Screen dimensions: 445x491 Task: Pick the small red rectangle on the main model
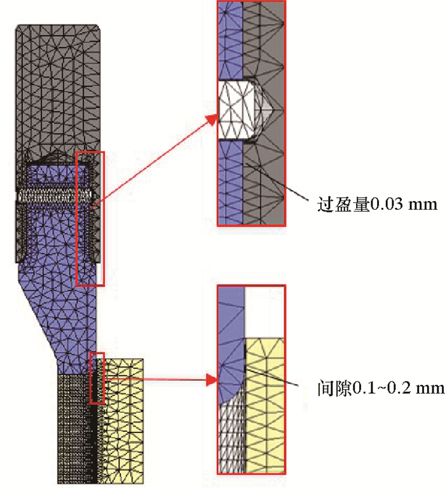coord(97,378)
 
